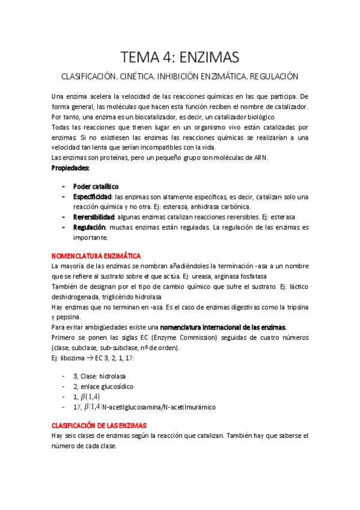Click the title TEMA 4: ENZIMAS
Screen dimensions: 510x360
click(180, 57)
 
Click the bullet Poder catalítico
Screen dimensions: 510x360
click(96, 186)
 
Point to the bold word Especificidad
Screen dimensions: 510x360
click(93, 197)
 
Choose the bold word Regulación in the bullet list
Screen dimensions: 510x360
click(89, 227)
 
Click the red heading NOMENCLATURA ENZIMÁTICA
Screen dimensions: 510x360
click(96, 256)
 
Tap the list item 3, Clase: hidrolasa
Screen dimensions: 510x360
click(97, 376)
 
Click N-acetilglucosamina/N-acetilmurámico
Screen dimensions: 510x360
click(159, 407)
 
